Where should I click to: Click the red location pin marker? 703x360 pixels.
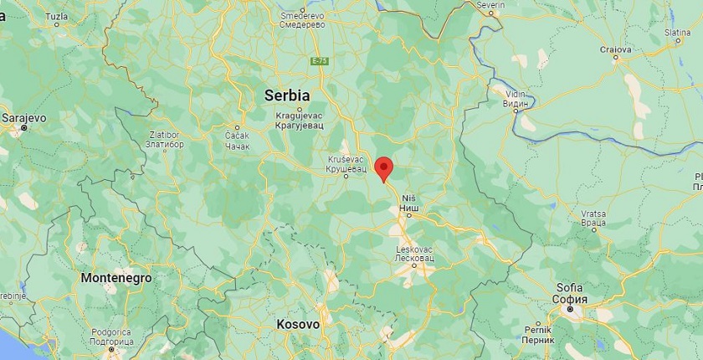coord(383,167)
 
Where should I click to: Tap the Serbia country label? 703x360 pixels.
coord(287,95)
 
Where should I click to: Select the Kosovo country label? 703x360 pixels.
coord(297,324)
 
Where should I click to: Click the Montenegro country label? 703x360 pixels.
coord(116,277)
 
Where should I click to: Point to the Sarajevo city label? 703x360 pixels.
coord(23,119)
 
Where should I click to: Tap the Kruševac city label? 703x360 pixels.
coord(346,163)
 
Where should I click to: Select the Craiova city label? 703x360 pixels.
coord(615,49)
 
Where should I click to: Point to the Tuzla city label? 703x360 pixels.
coord(57,17)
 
